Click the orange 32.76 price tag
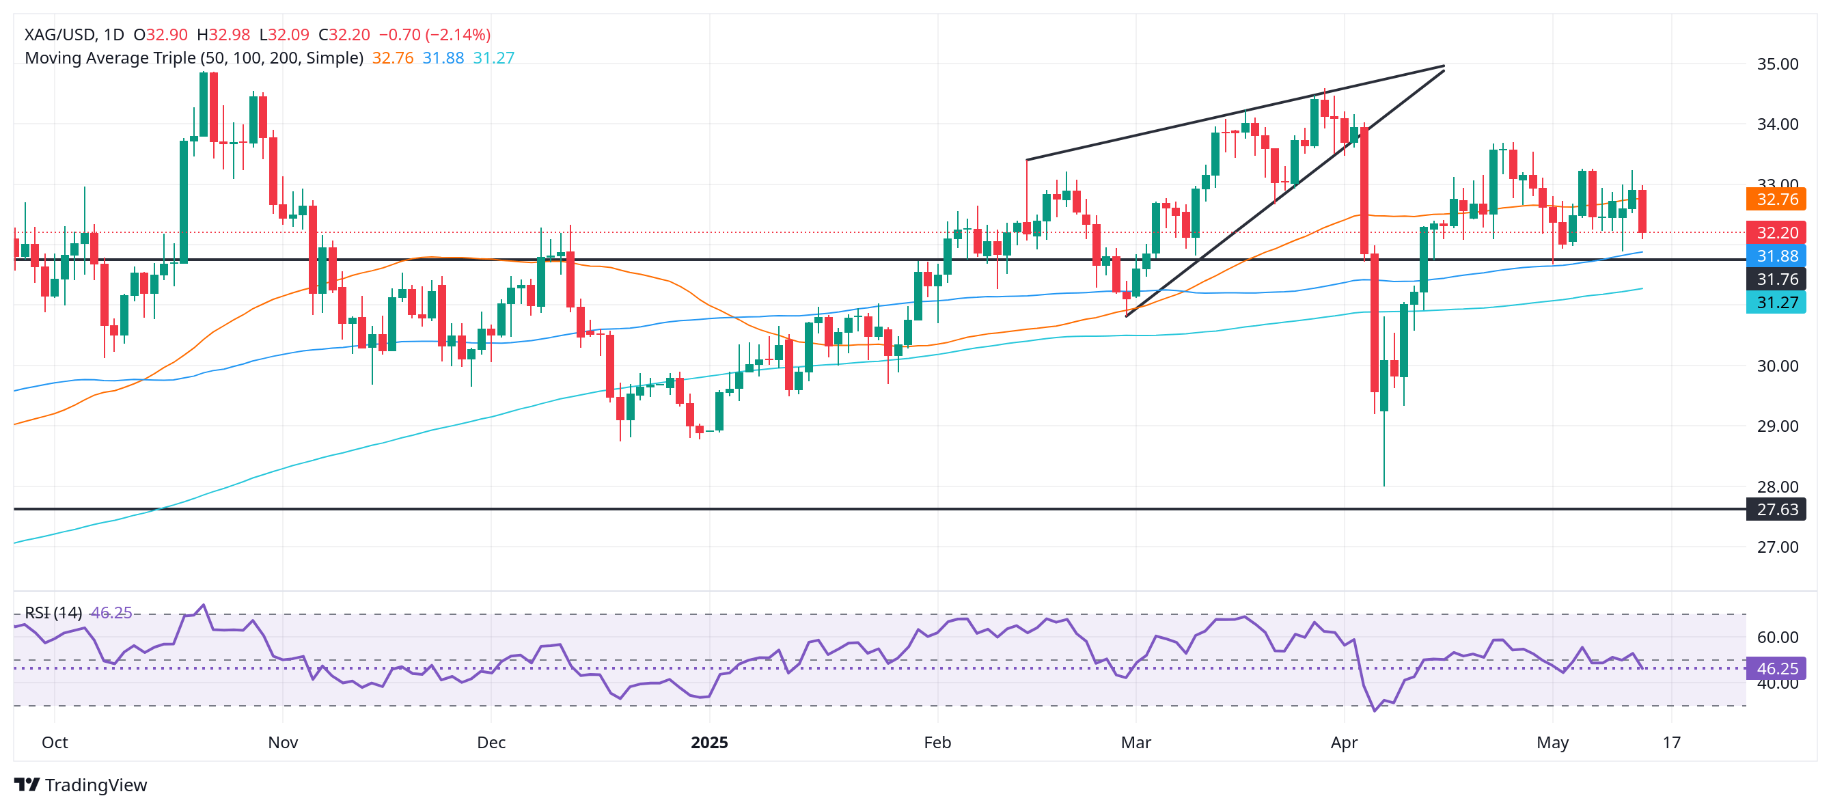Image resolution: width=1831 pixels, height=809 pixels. (x=1776, y=199)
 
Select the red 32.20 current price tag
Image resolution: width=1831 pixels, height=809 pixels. (x=1776, y=232)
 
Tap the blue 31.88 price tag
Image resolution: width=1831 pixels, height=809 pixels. (x=1776, y=256)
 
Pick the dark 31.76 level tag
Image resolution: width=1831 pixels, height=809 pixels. (x=1776, y=279)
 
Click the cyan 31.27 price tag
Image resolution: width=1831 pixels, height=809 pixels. (x=1776, y=303)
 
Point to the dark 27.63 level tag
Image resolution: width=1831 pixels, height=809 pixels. (x=1776, y=510)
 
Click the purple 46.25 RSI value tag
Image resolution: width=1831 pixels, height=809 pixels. (x=1776, y=669)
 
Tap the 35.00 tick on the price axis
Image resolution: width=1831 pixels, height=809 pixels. (x=1777, y=64)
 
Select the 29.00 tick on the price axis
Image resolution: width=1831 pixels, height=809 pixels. (x=1777, y=426)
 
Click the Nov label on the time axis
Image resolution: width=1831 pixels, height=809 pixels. (x=283, y=743)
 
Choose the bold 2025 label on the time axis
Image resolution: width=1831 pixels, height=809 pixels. (x=709, y=743)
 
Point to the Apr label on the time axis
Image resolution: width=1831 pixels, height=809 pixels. (x=1344, y=743)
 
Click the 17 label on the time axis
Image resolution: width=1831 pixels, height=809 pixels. (x=1672, y=743)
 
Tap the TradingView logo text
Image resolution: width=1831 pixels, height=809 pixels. (x=95, y=785)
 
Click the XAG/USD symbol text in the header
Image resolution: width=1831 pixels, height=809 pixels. (x=59, y=35)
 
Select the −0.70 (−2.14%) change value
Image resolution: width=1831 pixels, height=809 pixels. (x=435, y=35)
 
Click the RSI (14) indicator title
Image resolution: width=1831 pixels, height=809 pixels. (x=53, y=613)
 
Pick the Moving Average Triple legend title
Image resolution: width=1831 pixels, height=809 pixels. (x=194, y=58)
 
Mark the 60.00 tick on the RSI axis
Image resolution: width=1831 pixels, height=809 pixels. (x=1777, y=637)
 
